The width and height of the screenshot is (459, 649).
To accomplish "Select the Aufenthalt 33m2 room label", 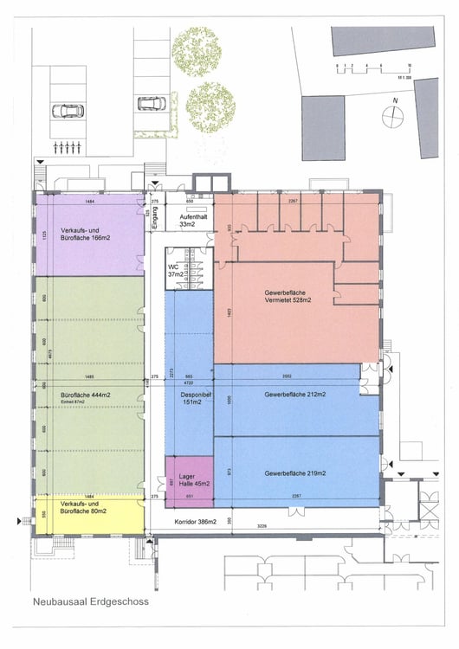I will click(x=188, y=219).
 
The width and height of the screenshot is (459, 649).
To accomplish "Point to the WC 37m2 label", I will click(x=176, y=269).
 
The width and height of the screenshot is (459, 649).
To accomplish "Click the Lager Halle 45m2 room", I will click(x=188, y=478).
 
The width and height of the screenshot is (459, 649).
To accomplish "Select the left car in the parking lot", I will click(x=68, y=111).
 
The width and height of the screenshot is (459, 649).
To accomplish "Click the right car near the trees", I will click(x=153, y=103).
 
